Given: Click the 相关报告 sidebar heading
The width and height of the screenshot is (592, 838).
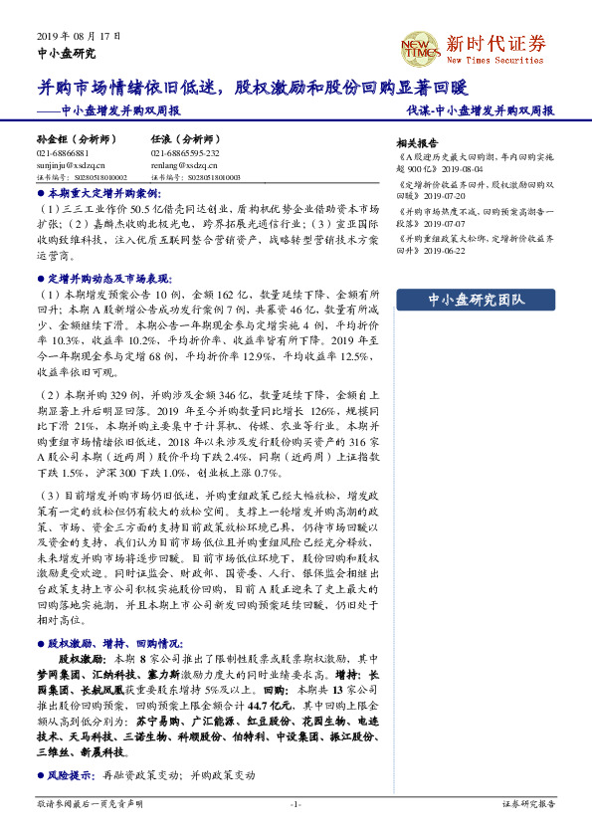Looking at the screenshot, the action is coord(416,142).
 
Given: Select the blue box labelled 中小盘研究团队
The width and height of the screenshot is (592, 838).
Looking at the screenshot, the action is coord(474,300).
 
